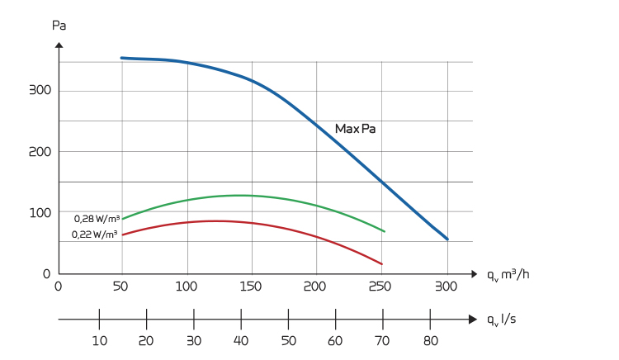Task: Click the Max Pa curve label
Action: pyautogui.click(x=355, y=129)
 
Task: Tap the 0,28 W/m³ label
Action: pyautogui.click(x=97, y=219)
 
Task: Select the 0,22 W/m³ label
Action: pyautogui.click(x=94, y=234)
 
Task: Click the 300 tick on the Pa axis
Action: pyautogui.click(x=40, y=91)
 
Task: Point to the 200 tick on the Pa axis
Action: pyautogui.click(x=40, y=152)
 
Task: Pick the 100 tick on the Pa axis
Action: pyautogui.click(x=40, y=212)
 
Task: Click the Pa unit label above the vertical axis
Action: pyautogui.click(x=59, y=25)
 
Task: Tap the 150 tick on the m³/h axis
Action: pyautogui.click(x=251, y=287)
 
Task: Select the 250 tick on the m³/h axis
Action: pyautogui.click(x=380, y=287)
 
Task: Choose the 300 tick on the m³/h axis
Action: pyautogui.click(x=446, y=287)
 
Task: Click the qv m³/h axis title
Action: pyautogui.click(x=508, y=274)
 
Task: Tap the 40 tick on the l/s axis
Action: pyautogui.click(x=241, y=340)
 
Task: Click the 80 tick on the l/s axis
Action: pyautogui.click(x=430, y=340)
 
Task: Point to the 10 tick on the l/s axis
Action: pyautogui.click(x=99, y=340)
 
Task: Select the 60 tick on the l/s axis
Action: pyautogui.click(x=336, y=340)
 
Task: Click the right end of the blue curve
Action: pyautogui.click(x=447, y=239)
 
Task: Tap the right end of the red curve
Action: pyautogui.click(x=382, y=264)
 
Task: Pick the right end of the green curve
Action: pyautogui.click(x=385, y=231)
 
